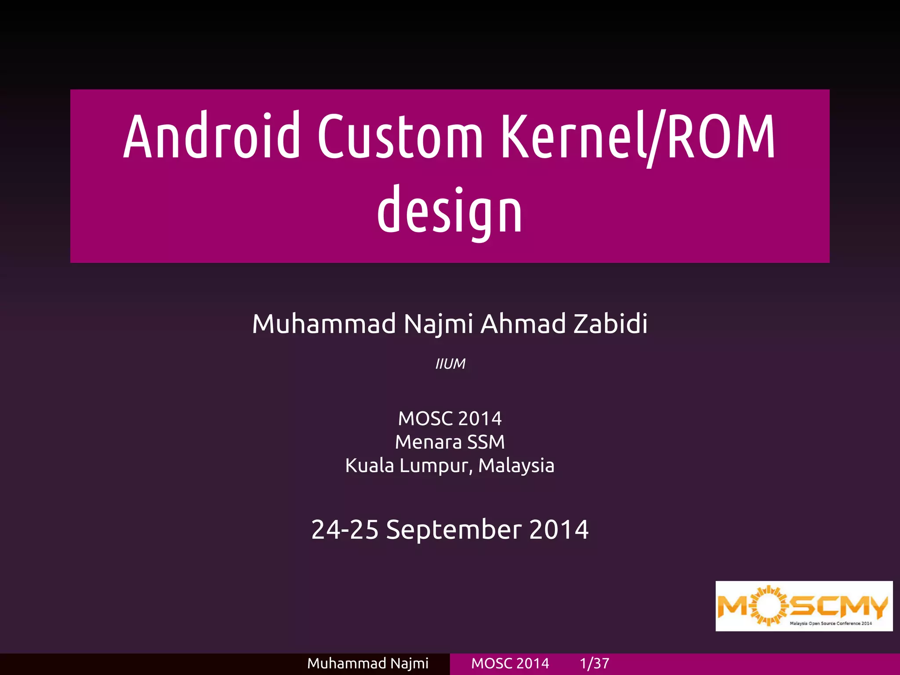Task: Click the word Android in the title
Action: point(212,136)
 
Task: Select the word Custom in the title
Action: point(400,136)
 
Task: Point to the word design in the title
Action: point(450,211)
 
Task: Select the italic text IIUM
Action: point(450,364)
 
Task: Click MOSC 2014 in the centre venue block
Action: point(450,418)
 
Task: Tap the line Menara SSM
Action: point(450,442)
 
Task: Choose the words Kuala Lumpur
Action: point(406,466)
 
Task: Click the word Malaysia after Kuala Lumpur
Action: point(516,466)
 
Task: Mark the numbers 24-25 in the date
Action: point(345,530)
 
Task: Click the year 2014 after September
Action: point(559,530)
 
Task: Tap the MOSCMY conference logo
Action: point(804,606)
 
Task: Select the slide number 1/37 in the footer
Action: point(594,664)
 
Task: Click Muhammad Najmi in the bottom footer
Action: point(368,664)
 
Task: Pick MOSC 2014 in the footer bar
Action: point(510,664)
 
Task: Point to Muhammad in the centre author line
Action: point(324,324)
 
